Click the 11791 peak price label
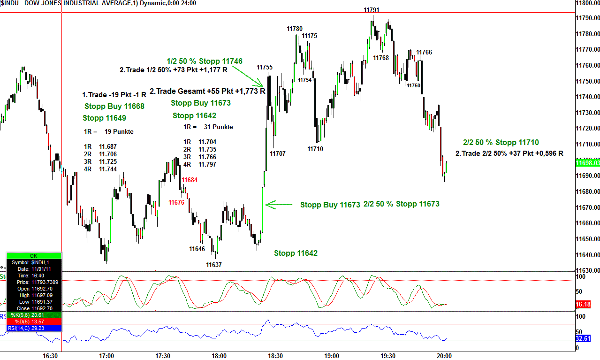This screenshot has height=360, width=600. point(371,10)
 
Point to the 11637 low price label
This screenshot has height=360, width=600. point(214,265)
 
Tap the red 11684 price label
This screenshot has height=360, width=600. point(190,180)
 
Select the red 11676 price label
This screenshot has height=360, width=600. point(176,202)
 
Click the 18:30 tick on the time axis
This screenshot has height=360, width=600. point(275,356)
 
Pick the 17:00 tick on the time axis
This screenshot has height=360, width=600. point(106,356)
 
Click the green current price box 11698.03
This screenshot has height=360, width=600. point(587,163)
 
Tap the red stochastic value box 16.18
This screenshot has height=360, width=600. point(583,305)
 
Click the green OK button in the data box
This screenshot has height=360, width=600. point(33,256)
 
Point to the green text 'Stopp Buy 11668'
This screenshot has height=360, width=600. point(114,107)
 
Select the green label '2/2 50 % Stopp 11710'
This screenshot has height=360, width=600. point(501,143)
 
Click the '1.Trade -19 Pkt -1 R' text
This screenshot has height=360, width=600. point(114,95)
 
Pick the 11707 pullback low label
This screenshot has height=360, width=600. point(278,153)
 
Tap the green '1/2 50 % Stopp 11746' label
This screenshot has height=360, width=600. point(205,61)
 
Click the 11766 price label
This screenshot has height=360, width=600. point(424,52)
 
